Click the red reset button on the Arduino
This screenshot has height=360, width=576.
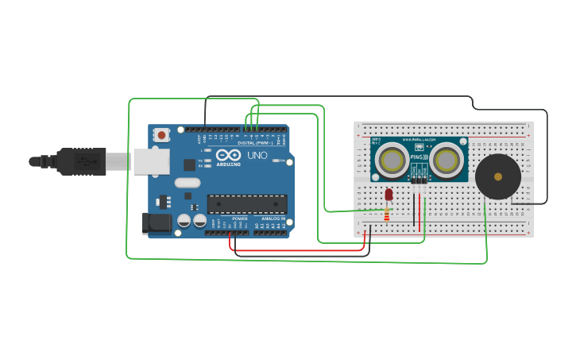click(x=162, y=135)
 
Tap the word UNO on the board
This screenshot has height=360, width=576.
click(x=257, y=155)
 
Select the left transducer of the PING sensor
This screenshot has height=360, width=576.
click(x=392, y=161)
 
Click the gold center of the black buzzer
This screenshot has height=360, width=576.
click(x=498, y=176)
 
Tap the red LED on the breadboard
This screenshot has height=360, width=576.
click(x=389, y=194)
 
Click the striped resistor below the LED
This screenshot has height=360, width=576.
click(x=387, y=214)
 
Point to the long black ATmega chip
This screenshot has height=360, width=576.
click(x=247, y=204)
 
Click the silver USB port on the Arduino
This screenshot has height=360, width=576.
click(x=151, y=161)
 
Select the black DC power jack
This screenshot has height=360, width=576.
click(x=157, y=223)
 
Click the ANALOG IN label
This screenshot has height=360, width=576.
click(x=273, y=219)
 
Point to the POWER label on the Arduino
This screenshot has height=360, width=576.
click(x=239, y=219)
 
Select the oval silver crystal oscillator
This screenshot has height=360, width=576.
click(x=187, y=183)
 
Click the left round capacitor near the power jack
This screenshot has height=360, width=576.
click(x=184, y=220)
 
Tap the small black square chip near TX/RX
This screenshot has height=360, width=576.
click(x=189, y=165)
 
